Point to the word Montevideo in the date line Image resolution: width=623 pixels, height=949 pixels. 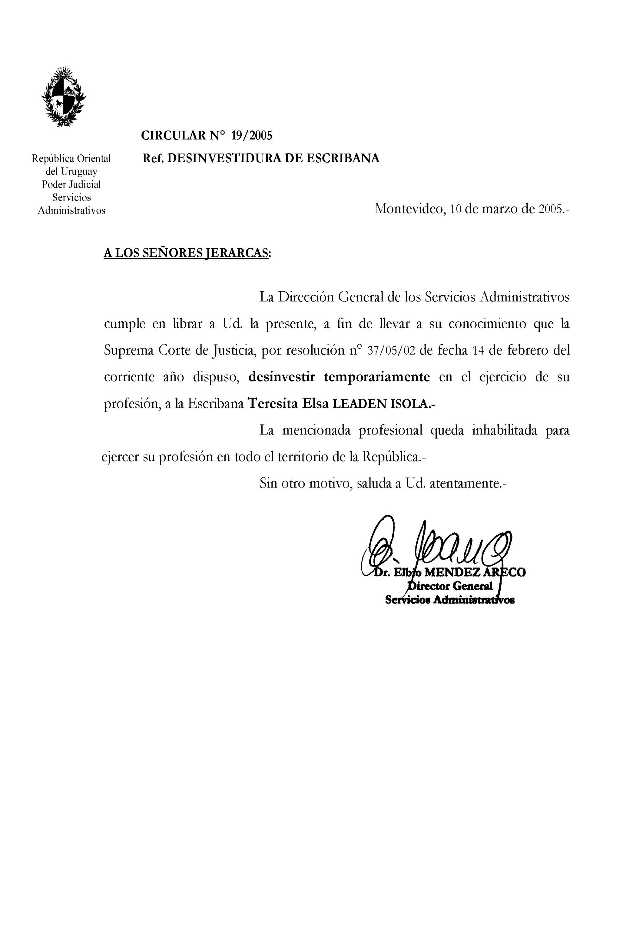click(x=409, y=209)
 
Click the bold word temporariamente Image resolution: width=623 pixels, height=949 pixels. click(x=377, y=377)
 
